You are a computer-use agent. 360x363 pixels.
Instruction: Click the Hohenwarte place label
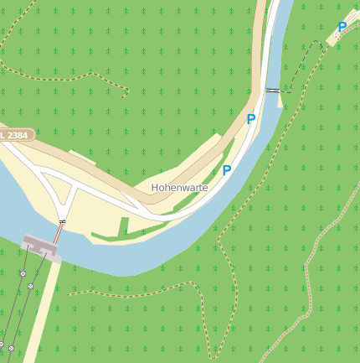179,188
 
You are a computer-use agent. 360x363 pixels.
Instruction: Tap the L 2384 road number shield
16,134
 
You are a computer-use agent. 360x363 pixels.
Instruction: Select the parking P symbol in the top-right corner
342,28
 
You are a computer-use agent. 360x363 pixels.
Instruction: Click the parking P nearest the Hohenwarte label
226,170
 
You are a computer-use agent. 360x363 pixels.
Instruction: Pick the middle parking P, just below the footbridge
250,119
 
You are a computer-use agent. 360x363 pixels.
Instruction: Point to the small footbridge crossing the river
273,89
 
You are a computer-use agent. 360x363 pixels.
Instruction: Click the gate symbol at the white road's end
62,221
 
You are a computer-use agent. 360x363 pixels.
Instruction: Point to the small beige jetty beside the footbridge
280,101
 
